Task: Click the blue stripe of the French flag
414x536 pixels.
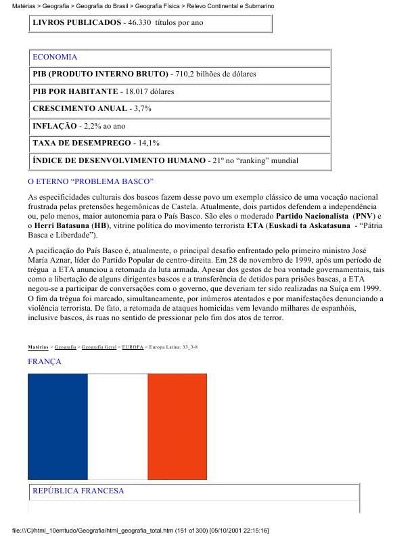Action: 57,426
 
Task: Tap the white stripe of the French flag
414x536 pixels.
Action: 118,426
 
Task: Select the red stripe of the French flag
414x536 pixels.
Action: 177,426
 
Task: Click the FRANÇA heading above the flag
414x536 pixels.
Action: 45,362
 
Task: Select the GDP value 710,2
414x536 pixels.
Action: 186,74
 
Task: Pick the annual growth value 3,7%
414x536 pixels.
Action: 140,108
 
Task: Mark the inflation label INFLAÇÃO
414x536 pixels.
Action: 53,126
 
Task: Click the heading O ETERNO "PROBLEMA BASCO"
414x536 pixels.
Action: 91,182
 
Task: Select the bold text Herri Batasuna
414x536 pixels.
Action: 63,225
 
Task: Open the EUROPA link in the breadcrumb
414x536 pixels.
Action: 133,347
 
